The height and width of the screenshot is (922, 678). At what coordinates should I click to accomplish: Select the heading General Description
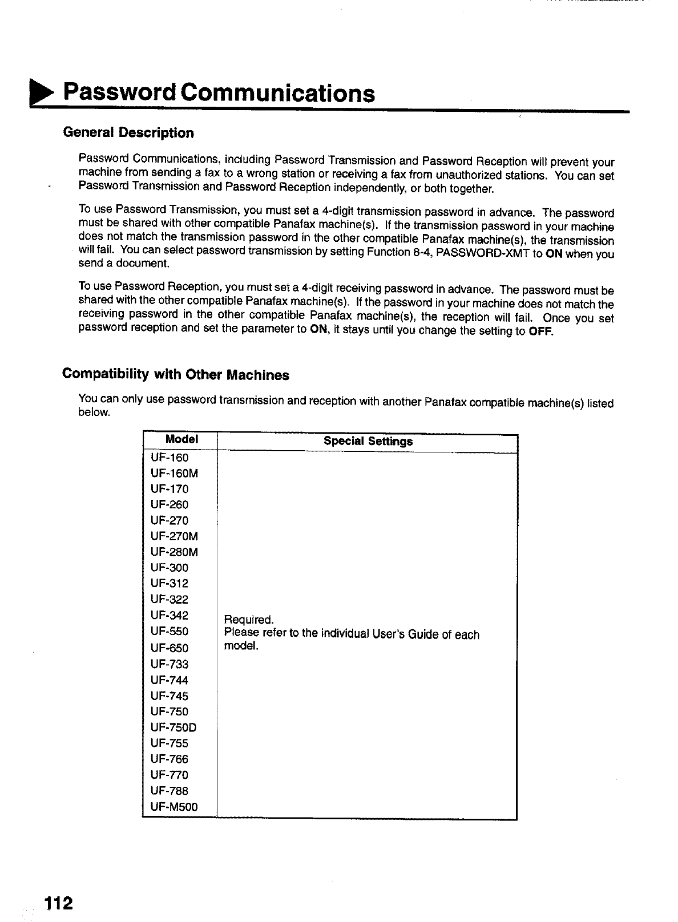[x=128, y=133]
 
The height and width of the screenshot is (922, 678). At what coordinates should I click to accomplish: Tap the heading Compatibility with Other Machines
[x=176, y=375]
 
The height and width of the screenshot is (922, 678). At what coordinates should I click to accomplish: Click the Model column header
[x=181, y=439]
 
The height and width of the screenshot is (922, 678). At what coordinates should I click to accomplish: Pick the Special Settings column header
[x=368, y=441]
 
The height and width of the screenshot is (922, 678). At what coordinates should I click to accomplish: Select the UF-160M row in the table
[x=175, y=473]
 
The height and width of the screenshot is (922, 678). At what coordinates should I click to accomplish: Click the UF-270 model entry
[x=169, y=520]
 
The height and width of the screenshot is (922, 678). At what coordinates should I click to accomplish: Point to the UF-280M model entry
[x=175, y=552]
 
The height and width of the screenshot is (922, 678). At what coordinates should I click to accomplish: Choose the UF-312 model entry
[x=169, y=583]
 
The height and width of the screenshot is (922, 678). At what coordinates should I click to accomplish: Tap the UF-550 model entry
[x=169, y=631]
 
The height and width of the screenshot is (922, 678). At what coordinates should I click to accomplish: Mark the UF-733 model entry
[x=169, y=664]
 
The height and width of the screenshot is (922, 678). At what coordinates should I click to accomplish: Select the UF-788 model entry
[x=169, y=791]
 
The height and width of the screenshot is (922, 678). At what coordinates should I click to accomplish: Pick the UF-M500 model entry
[x=174, y=807]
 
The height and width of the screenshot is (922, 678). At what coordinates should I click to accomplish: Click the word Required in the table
[x=249, y=620]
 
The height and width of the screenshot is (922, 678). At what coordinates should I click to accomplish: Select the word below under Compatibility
[x=94, y=413]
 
